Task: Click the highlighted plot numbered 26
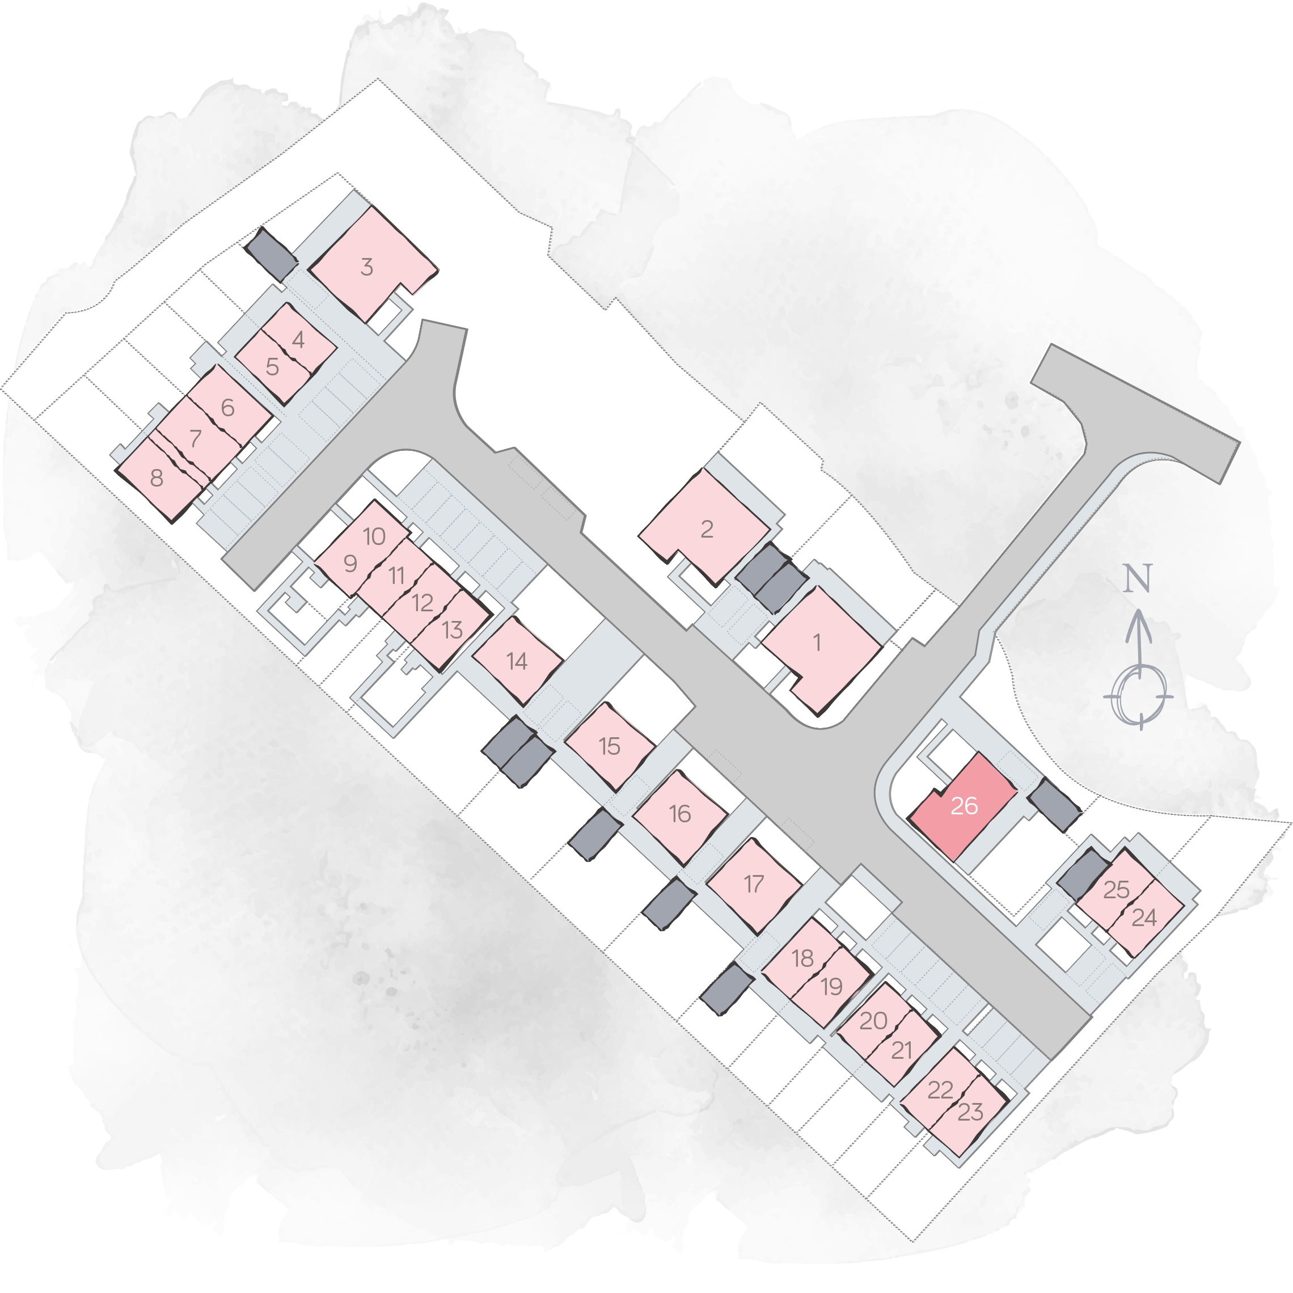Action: coord(963,805)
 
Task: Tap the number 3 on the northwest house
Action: coord(366,267)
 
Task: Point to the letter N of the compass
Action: coord(1137,578)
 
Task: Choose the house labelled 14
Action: coord(517,661)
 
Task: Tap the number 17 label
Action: coord(754,884)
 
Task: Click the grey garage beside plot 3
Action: coord(271,253)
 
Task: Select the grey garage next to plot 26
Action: coord(1054,805)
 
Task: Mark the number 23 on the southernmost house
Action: coord(970,1112)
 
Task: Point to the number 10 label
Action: coord(374,535)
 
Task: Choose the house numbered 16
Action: coord(680,817)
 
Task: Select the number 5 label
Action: coord(272,367)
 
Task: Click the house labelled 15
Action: coord(609,746)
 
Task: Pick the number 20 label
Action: coord(873,1021)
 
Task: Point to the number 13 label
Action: coord(453,629)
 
